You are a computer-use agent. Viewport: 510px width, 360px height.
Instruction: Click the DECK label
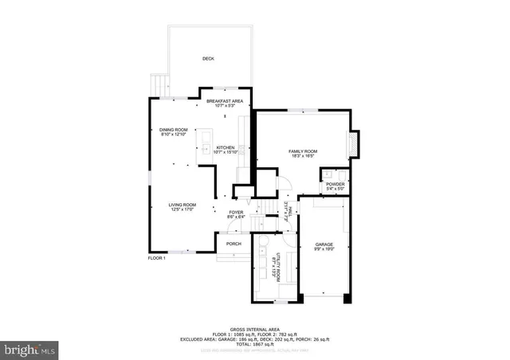pos(208,59)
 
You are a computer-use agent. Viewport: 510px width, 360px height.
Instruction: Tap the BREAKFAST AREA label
pos(225,101)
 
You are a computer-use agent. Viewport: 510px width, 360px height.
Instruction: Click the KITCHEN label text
pos(226,147)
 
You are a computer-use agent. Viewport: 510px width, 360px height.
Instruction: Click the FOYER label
pos(236,212)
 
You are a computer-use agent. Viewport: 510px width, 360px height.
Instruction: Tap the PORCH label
pos(233,244)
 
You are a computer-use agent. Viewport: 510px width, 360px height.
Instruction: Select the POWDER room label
pos(335,184)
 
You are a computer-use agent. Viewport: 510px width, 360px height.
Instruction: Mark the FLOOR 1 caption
pos(157,258)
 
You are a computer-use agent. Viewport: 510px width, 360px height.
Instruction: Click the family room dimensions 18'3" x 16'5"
pos(303,156)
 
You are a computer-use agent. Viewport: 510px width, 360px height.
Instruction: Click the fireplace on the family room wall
pos(355,143)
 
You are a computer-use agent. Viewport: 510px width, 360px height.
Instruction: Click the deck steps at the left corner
pos(159,83)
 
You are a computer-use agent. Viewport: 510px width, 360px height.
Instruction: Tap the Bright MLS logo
pos(30,348)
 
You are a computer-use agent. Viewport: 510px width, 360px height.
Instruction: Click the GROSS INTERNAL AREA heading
pos(255,329)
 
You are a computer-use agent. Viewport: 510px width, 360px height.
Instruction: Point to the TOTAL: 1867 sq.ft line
pos(255,343)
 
